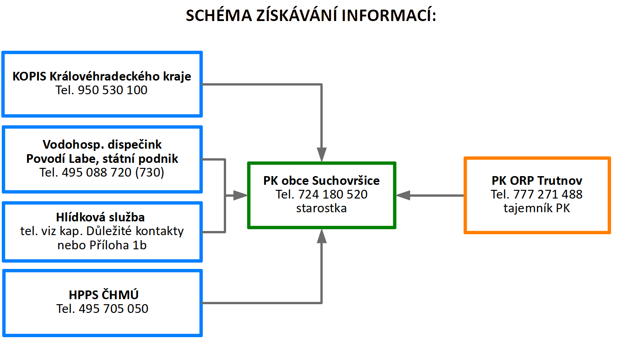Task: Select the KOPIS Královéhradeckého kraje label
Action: tap(102, 76)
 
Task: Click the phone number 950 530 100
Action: tap(113, 90)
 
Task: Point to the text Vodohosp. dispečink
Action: tap(102, 145)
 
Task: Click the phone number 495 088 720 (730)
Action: tap(113, 172)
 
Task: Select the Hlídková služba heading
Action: tap(100, 217)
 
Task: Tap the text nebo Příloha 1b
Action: tap(102, 245)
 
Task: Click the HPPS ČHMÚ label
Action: tap(103, 295)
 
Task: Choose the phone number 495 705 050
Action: tap(114, 309)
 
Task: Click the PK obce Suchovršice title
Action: tap(321, 181)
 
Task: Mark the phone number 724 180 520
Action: tap(333, 194)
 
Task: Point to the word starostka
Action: tap(321, 209)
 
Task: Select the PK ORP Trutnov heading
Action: tap(537, 181)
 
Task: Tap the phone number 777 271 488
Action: tap(547, 194)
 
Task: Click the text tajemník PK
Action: tap(537, 209)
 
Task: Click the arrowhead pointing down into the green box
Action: tap(322, 154)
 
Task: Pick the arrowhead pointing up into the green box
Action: tap(322, 236)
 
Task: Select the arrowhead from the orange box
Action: tap(403, 195)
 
